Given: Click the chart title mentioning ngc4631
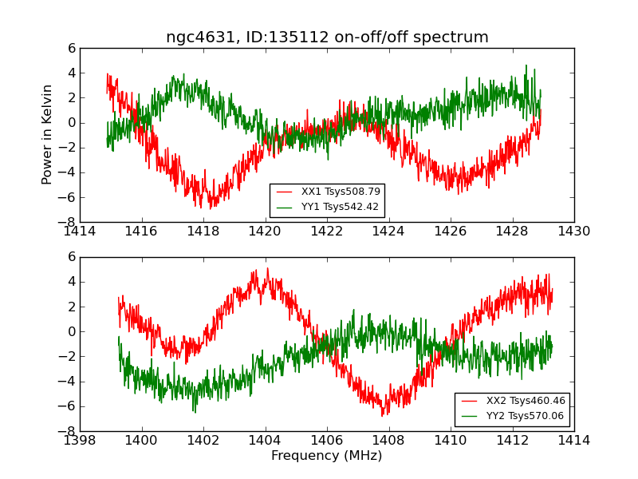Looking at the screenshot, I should (327, 38).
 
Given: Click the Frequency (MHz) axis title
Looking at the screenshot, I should (326, 456).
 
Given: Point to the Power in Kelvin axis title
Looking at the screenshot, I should (48, 134).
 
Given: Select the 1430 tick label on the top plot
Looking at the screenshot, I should (573, 231).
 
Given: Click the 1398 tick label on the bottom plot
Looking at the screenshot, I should (80, 440).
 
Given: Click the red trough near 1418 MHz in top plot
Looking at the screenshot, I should (211, 204).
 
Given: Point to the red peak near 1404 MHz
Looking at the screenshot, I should (267, 271).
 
